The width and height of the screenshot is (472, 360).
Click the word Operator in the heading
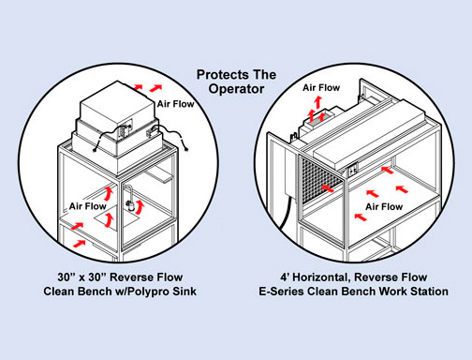coord(236,89)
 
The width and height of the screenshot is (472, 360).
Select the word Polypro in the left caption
coord(146,292)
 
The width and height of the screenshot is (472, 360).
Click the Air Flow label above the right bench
coord(321,88)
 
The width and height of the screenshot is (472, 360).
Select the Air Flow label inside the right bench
coord(384,206)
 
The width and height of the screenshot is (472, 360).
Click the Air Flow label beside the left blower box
coord(175,104)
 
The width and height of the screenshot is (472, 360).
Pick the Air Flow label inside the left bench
coord(88,206)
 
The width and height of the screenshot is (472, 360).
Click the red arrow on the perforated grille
coord(328,188)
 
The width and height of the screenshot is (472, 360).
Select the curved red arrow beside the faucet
coord(140,206)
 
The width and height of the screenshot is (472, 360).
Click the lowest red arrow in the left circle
coord(80,243)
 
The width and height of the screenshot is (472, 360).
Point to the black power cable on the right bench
coord(286,216)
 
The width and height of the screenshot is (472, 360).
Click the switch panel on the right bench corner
coord(354,171)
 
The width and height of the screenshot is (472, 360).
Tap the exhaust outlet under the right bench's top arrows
coord(318,119)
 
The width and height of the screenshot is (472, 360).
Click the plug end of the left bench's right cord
coord(186,149)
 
